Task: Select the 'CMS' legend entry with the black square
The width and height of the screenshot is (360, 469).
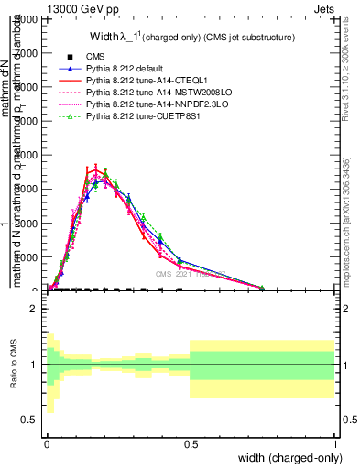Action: [98, 57]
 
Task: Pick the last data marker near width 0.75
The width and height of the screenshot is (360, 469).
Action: [262, 288]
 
